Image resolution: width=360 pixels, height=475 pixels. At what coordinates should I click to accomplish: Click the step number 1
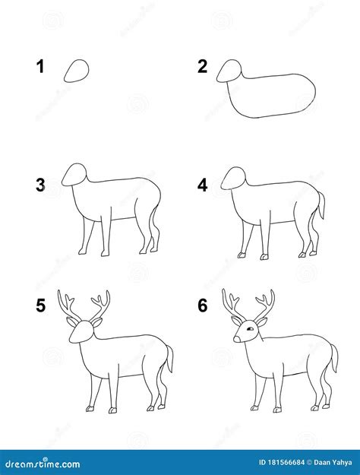(39, 67)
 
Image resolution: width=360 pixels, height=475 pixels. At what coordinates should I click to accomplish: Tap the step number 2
(202, 67)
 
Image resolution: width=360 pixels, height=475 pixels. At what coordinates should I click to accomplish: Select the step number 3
(39, 185)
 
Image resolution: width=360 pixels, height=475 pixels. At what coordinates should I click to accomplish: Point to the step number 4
(202, 185)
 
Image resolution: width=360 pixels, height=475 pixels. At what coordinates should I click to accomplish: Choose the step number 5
(39, 306)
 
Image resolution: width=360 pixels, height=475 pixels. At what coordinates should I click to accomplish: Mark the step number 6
(202, 306)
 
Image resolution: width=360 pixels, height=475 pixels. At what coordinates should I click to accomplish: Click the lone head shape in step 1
(77, 71)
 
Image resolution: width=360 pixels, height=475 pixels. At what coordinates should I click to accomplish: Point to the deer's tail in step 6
(333, 357)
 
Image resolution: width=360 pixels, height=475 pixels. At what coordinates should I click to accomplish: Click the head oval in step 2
(229, 71)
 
